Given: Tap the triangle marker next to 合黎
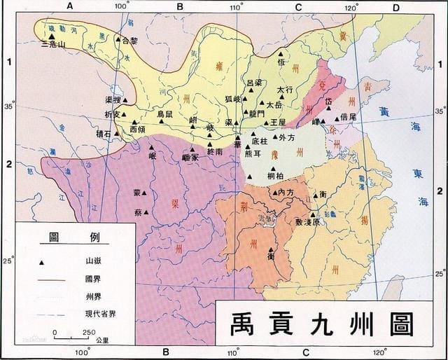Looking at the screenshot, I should [118, 39].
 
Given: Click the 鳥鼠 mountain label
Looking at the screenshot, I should [165, 113].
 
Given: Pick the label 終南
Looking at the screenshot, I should [215, 151].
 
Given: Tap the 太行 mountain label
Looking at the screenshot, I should [284, 90].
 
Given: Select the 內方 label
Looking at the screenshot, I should [286, 193].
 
